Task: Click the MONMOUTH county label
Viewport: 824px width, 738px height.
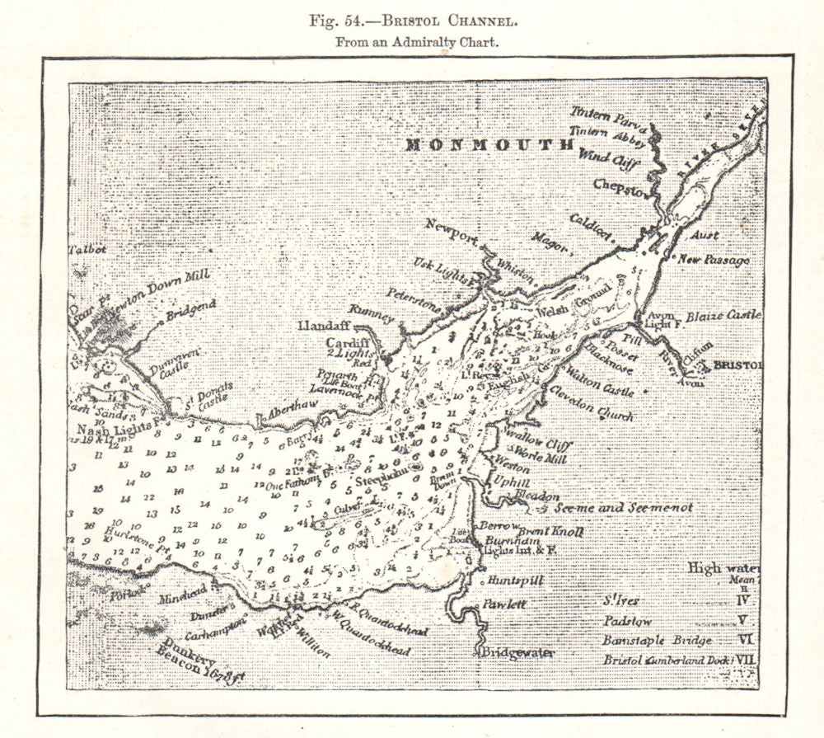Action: pyautogui.click(x=489, y=145)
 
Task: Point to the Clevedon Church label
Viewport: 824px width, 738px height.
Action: pyautogui.click(x=592, y=405)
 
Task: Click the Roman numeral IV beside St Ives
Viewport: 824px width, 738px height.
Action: pyautogui.click(x=743, y=600)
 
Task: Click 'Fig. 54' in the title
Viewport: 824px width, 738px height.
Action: pyautogui.click(x=338, y=21)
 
